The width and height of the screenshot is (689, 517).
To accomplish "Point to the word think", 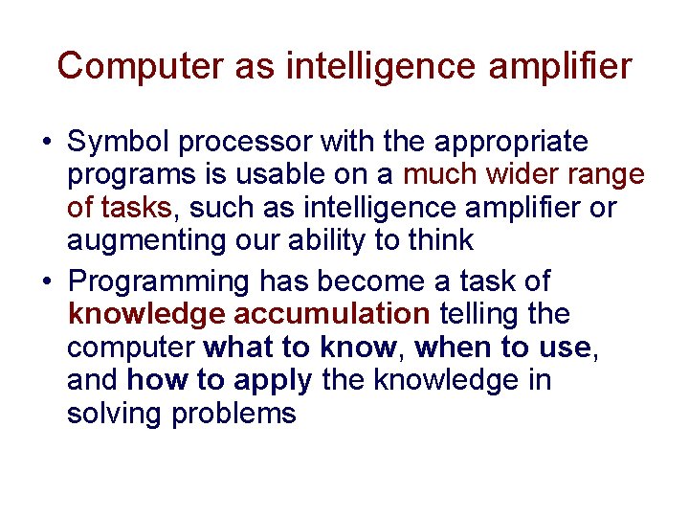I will (x=440, y=240).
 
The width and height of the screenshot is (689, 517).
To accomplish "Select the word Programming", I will (x=159, y=283).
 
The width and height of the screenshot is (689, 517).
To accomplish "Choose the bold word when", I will (x=453, y=348).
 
